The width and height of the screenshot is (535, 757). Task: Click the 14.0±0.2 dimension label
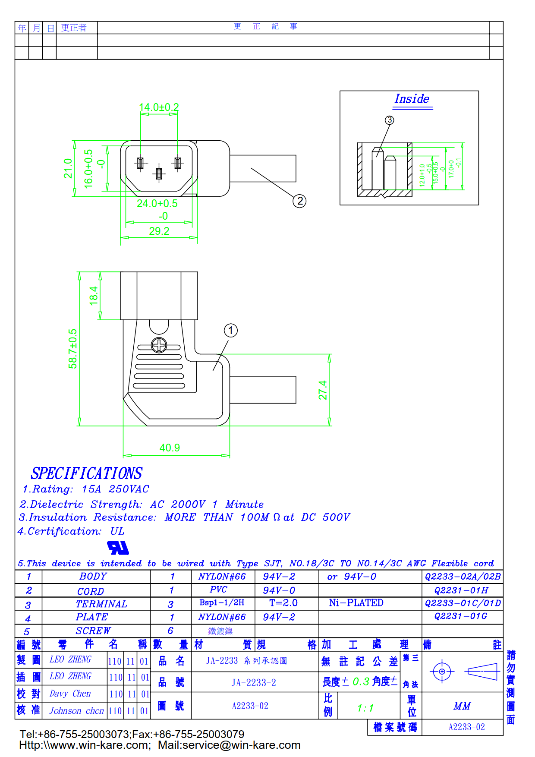159,107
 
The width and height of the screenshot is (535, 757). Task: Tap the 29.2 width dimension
159,231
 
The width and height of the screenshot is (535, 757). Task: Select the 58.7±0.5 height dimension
73,349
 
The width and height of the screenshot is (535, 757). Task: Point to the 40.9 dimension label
170,448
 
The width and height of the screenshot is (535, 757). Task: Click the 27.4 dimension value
323,390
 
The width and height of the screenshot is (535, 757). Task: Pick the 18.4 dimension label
94,296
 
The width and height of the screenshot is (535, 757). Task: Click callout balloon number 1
231,331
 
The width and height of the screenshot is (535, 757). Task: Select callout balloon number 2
299,201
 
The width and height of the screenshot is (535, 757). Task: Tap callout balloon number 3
390,120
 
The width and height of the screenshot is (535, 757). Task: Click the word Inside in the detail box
412,99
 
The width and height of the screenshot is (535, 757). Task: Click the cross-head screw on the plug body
159,345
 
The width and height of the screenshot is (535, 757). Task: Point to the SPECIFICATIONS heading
86,473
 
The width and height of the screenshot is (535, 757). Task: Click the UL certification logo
118,548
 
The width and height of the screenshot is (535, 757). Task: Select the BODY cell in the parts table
93,577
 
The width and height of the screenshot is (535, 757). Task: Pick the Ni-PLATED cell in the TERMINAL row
356,603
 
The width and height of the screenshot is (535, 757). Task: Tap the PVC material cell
218,590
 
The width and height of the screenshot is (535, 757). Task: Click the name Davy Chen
70,694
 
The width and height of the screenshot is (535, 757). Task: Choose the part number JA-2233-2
254,683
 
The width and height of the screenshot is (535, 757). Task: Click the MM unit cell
462,706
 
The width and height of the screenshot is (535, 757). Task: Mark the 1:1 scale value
365,708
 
